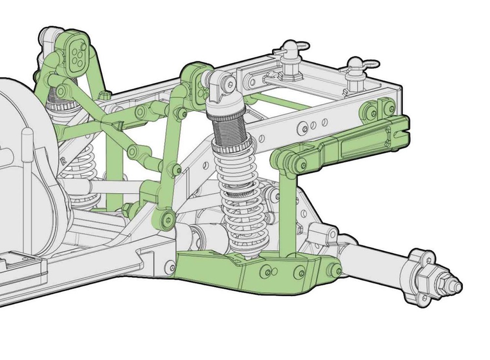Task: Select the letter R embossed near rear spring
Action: pos(63,160)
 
